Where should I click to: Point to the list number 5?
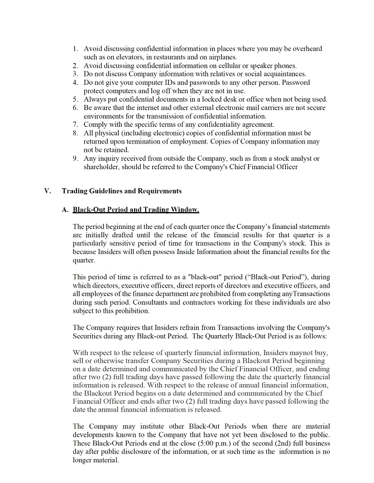click(x=76, y=99)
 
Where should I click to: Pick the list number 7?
click(x=76, y=124)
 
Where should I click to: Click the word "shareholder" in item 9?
click(x=102, y=166)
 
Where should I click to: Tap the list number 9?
click(x=76, y=159)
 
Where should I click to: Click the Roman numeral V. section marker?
click(x=47, y=191)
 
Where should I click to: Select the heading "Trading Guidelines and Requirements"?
click(x=122, y=191)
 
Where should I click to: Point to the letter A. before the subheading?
click(x=65, y=210)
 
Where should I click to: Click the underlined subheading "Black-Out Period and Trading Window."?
click(x=136, y=210)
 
